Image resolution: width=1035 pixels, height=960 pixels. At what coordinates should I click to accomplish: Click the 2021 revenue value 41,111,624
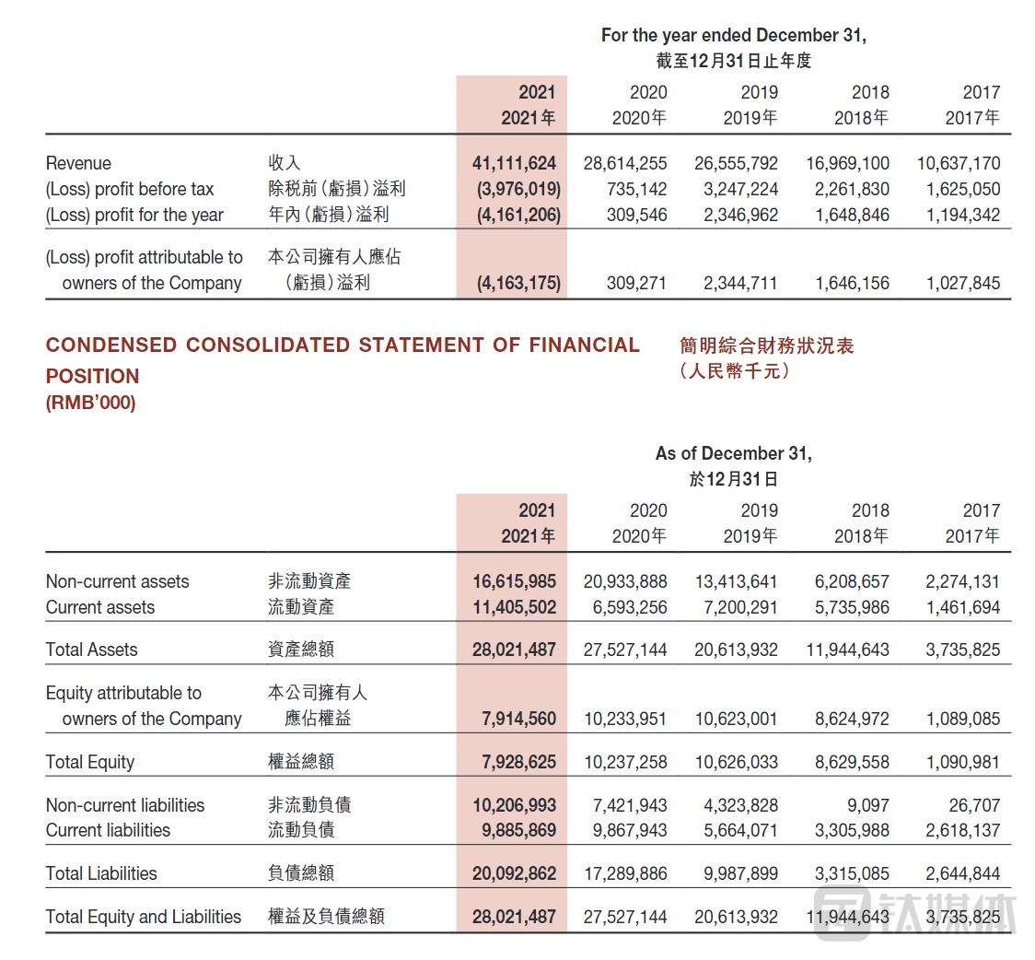click(514, 163)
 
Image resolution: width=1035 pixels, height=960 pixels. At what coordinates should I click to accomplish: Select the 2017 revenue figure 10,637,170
click(958, 163)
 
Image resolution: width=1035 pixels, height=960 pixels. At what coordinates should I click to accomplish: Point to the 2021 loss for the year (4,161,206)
click(514, 215)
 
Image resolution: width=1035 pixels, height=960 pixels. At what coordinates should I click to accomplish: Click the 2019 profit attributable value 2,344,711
click(739, 283)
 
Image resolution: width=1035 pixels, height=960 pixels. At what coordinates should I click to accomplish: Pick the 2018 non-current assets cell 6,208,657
click(852, 581)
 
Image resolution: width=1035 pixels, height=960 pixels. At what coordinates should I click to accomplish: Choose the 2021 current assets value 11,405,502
click(514, 607)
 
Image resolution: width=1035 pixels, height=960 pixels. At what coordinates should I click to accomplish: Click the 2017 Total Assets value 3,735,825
click(962, 650)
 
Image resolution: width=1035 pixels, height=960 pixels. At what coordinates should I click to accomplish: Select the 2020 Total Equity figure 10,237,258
click(625, 762)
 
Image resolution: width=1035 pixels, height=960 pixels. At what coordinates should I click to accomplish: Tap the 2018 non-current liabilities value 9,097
click(870, 804)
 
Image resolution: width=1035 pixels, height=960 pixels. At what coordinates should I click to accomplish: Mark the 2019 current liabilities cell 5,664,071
click(739, 830)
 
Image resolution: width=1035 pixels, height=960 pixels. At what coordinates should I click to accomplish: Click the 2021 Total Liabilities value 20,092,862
click(514, 873)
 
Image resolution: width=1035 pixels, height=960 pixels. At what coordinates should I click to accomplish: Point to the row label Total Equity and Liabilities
click(144, 917)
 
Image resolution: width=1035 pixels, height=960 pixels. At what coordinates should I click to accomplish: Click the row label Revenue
click(78, 163)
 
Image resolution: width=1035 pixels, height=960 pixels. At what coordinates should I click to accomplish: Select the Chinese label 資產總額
click(301, 650)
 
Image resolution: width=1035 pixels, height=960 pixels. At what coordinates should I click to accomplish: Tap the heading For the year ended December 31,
click(733, 36)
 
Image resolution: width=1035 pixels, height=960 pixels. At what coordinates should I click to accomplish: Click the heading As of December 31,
click(733, 453)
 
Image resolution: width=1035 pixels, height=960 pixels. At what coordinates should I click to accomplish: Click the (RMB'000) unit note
click(90, 404)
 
